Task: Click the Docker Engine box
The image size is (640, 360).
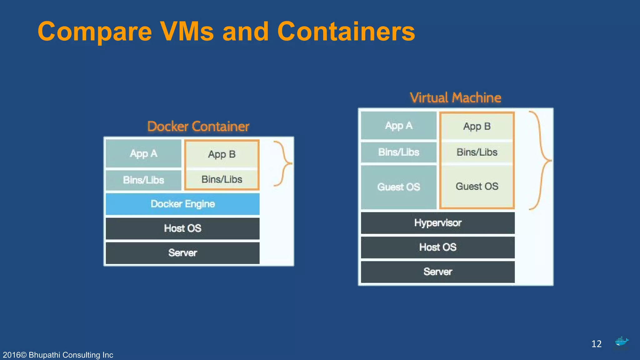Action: [x=182, y=204]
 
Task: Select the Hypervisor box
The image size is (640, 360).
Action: [x=437, y=223]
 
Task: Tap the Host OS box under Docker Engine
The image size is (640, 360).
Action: [x=182, y=228]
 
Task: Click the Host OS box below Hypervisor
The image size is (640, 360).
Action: [x=437, y=247]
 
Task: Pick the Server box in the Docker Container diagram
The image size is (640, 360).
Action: [x=182, y=253]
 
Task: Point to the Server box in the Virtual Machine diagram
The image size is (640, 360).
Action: [x=437, y=272]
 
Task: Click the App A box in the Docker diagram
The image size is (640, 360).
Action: [x=143, y=153]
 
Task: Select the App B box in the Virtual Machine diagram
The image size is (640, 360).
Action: [x=477, y=126]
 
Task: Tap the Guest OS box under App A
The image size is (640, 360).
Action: [x=398, y=187]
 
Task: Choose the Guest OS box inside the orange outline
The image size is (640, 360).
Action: [x=477, y=186]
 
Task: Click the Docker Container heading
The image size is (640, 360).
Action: [x=198, y=127]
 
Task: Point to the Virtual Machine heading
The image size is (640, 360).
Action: [x=455, y=98]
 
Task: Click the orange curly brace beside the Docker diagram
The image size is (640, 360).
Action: [x=284, y=163]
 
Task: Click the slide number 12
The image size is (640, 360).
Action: [x=596, y=344]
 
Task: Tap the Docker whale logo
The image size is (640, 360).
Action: [x=621, y=342]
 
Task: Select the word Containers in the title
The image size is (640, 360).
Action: [x=346, y=32]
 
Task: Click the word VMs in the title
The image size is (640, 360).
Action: [x=187, y=32]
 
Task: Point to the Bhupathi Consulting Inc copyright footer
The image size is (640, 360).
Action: [x=58, y=355]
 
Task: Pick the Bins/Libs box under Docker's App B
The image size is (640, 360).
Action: [x=222, y=179]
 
